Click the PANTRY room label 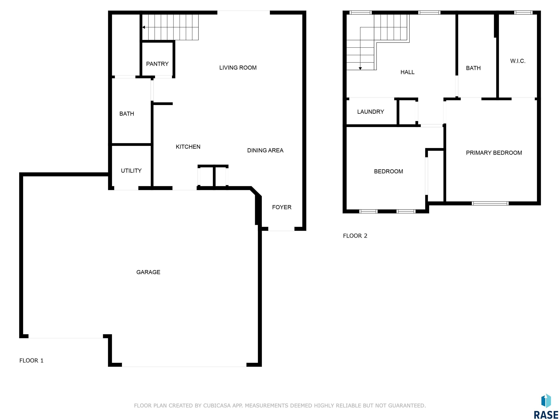point(157,64)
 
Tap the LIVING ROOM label point(238,68)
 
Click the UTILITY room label point(131,171)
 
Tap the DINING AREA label point(265,150)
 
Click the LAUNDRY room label point(370,112)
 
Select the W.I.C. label point(518,61)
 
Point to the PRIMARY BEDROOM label point(494,153)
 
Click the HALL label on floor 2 point(407,72)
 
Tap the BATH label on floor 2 point(473,68)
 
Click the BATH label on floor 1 point(127,114)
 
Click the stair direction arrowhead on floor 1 point(143,27)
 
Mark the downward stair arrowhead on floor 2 point(360,68)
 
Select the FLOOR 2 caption point(355,236)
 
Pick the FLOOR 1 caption point(31,361)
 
